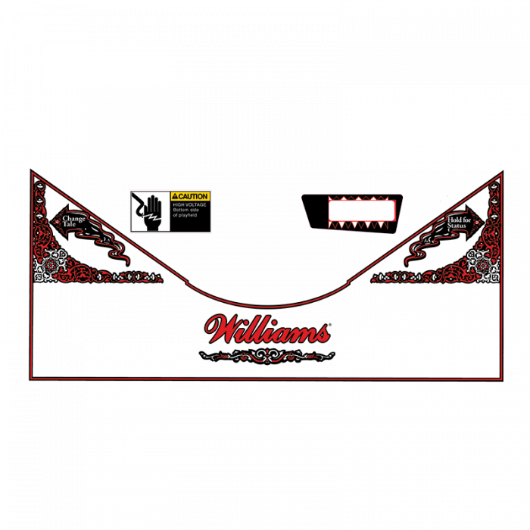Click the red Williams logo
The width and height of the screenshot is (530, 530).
click(x=267, y=330)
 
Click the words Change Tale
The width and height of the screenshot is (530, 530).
click(x=73, y=221)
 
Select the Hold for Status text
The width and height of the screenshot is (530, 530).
click(x=458, y=223)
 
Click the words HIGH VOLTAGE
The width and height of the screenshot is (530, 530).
click(x=189, y=204)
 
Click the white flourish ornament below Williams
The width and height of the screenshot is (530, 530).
click(x=267, y=355)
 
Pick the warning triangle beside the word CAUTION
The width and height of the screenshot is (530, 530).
click(x=175, y=196)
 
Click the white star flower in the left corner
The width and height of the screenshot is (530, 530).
click(x=51, y=265)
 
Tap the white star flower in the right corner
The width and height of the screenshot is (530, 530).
click(x=482, y=266)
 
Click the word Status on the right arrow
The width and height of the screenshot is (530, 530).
click(x=457, y=226)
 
